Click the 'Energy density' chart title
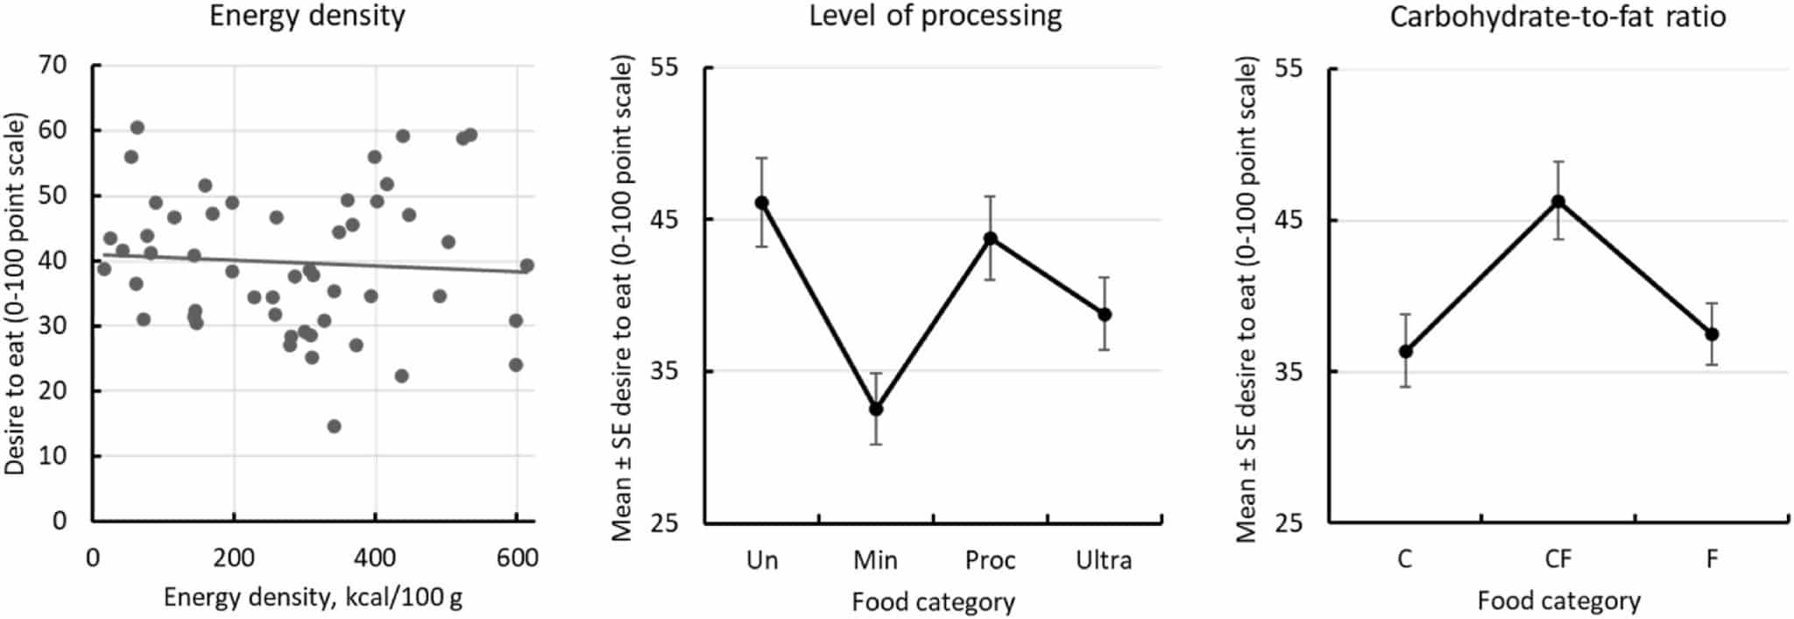pyautogui.click(x=307, y=17)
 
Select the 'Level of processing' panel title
pyautogui.click(x=935, y=17)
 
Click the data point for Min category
pyautogui.click(x=876, y=409)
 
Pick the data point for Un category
pyautogui.click(x=762, y=203)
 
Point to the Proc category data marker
pyautogui.click(x=991, y=238)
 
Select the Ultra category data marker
pyautogui.click(x=1105, y=314)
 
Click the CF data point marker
pyautogui.click(x=1558, y=202)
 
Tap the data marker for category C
pyautogui.click(x=1406, y=352)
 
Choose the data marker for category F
pyautogui.click(x=1712, y=334)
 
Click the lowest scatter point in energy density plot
pyautogui.click(x=334, y=426)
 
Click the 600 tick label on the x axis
pyautogui.click(x=517, y=559)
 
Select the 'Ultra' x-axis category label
pyautogui.click(x=1104, y=560)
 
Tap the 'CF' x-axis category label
pyautogui.click(x=1558, y=559)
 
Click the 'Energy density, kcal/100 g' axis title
pyautogui.click(x=313, y=599)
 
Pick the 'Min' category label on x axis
pyautogui.click(x=876, y=560)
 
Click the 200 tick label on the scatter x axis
pyautogui.click(x=234, y=559)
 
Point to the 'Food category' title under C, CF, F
pyautogui.click(x=1558, y=601)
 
